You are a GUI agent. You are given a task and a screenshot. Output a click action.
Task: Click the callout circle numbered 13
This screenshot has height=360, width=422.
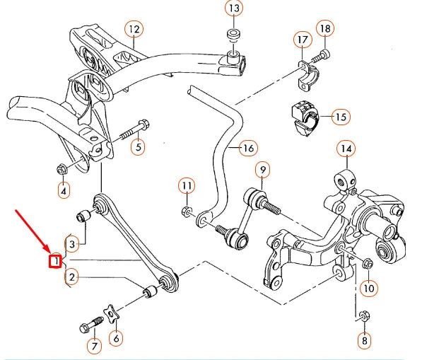pyautogui.click(x=233, y=8)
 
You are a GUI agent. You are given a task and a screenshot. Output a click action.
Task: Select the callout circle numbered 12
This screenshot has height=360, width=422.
pyautogui.click(x=134, y=29)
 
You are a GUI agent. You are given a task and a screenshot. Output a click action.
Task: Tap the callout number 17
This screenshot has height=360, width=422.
pyautogui.click(x=302, y=39)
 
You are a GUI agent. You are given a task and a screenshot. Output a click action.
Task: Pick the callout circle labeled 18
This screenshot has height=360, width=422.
pyautogui.click(x=324, y=29)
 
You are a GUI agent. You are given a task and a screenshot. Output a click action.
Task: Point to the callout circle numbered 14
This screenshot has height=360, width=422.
pyautogui.click(x=346, y=149)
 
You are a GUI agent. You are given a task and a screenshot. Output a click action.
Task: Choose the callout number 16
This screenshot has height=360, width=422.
pyautogui.click(x=247, y=149)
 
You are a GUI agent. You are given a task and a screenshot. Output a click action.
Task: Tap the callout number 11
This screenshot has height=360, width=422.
pyautogui.click(x=186, y=186)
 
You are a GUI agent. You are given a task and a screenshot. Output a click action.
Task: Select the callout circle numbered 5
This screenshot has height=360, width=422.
pyautogui.click(x=139, y=147)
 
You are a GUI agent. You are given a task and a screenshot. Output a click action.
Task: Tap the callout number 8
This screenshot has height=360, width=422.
pyautogui.click(x=364, y=341)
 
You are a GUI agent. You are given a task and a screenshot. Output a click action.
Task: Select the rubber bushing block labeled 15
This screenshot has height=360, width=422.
pyautogui.click(x=303, y=117)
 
